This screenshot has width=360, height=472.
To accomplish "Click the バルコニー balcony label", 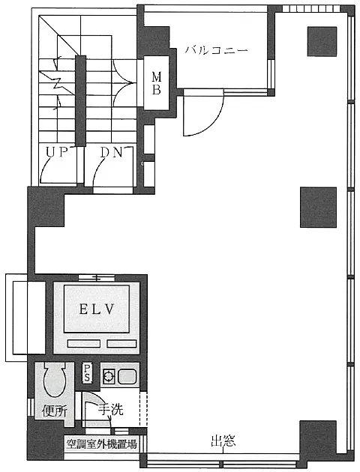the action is (216, 50).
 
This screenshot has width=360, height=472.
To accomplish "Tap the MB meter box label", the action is (156, 83).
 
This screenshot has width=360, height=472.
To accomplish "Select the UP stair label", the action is (57, 152).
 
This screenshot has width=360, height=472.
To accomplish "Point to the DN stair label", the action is (112, 153).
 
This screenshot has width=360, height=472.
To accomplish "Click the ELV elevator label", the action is (97, 309).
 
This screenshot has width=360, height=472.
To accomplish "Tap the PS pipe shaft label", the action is (87, 373).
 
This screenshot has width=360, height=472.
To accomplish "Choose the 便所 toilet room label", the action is (54, 411).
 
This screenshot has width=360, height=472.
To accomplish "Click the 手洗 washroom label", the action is (111, 409).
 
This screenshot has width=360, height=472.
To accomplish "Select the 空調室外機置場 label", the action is (101, 444).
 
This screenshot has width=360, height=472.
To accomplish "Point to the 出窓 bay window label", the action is (223, 441).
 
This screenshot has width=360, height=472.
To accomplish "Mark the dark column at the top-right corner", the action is (322, 41).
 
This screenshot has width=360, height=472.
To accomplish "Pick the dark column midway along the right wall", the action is (318, 207).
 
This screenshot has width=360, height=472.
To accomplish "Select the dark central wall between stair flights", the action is (80, 101).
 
